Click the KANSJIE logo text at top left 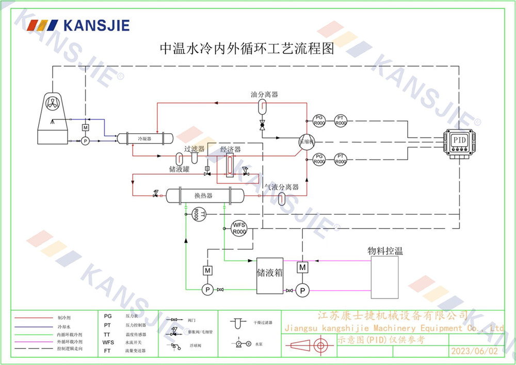[95, 25]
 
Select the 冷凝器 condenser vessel [144, 139]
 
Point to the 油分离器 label [264, 94]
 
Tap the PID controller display [459, 140]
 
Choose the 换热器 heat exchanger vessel [204, 195]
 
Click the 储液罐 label [179, 169]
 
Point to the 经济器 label [230, 150]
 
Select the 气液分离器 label [282, 187]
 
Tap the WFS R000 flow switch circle [238, 228]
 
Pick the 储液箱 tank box [270, 275]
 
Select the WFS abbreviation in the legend [108, 342]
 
